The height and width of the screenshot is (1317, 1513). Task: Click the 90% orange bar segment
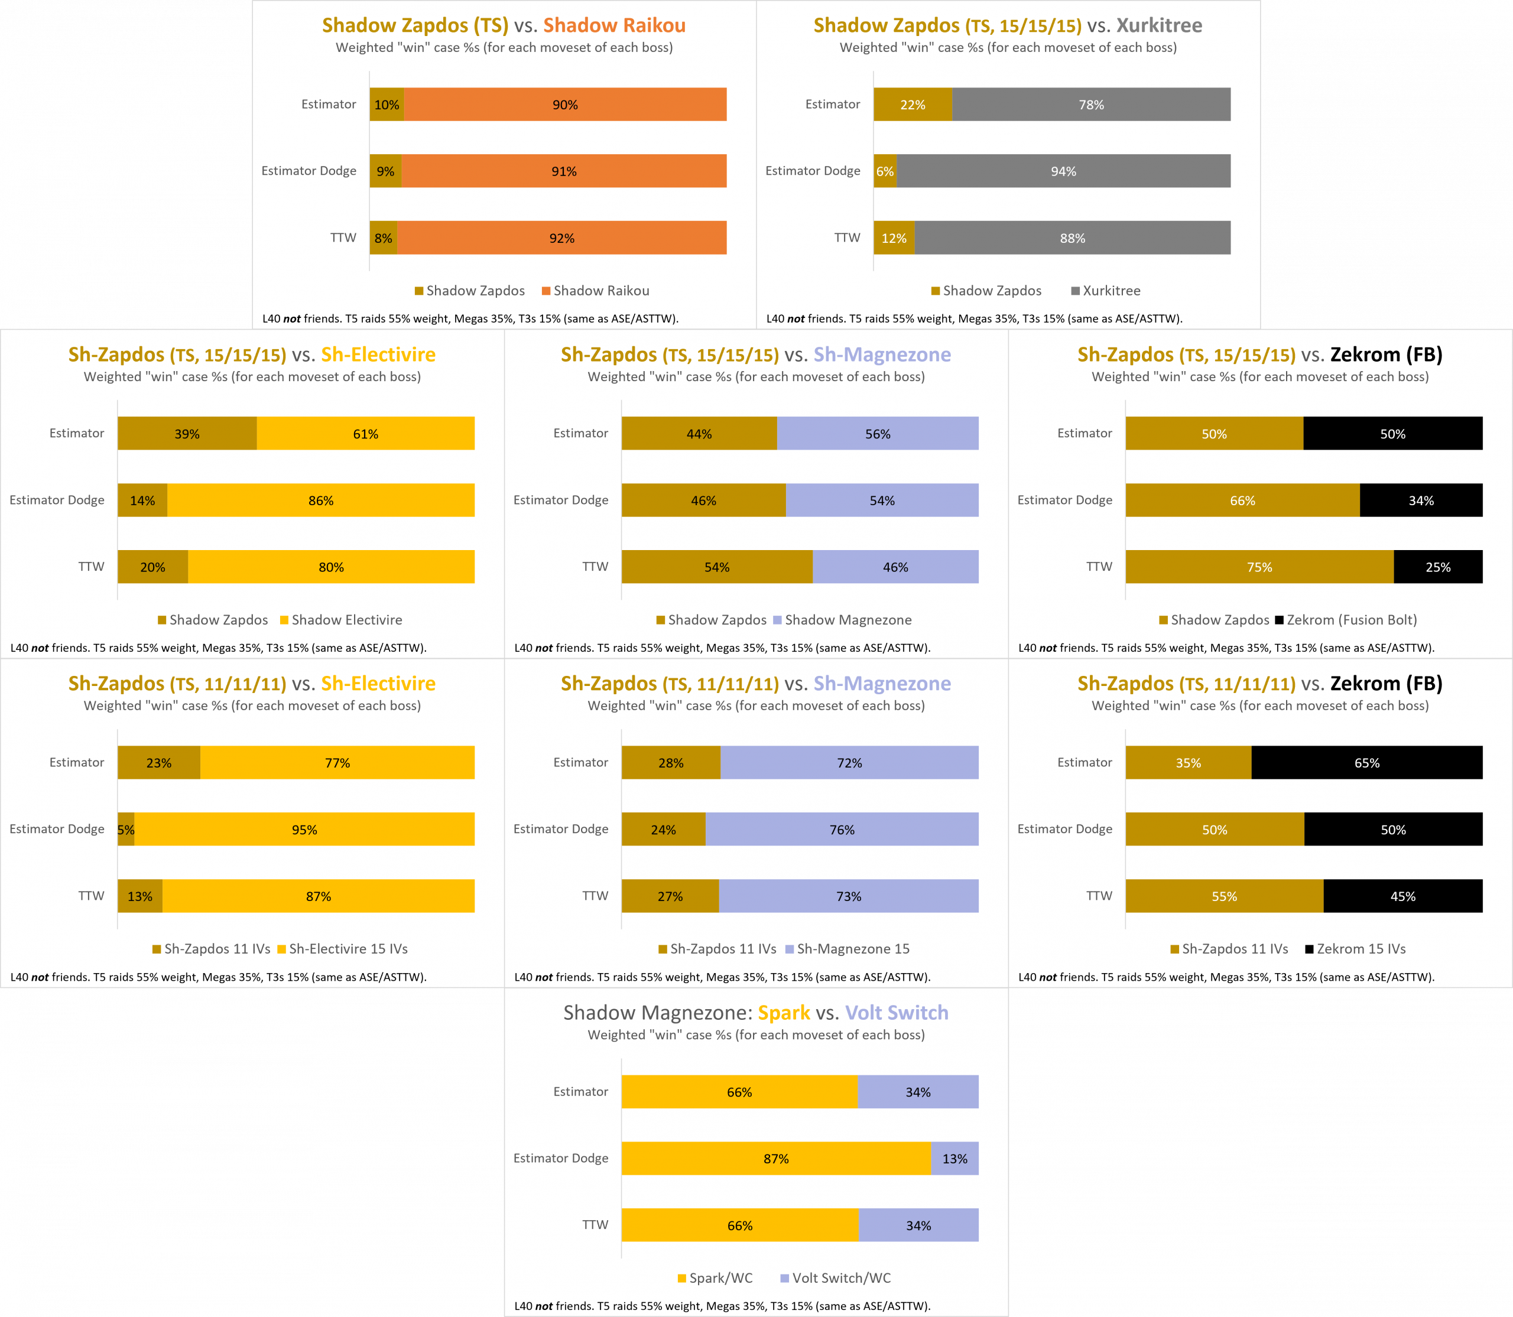564,105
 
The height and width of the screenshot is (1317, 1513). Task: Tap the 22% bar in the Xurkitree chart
913,105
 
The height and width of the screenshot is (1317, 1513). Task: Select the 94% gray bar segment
1063,171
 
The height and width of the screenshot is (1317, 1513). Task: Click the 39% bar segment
187,434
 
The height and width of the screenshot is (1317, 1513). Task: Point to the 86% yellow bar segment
320,500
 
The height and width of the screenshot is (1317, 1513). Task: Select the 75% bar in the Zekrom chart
1259,567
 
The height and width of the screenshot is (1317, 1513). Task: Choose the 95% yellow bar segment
304,829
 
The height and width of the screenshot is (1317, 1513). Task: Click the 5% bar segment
126,829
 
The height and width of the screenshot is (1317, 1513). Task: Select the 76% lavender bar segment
842,829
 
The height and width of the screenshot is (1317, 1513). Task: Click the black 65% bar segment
1366,763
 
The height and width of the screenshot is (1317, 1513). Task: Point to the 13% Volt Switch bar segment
954,1158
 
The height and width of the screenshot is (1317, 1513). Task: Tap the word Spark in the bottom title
784,1013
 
